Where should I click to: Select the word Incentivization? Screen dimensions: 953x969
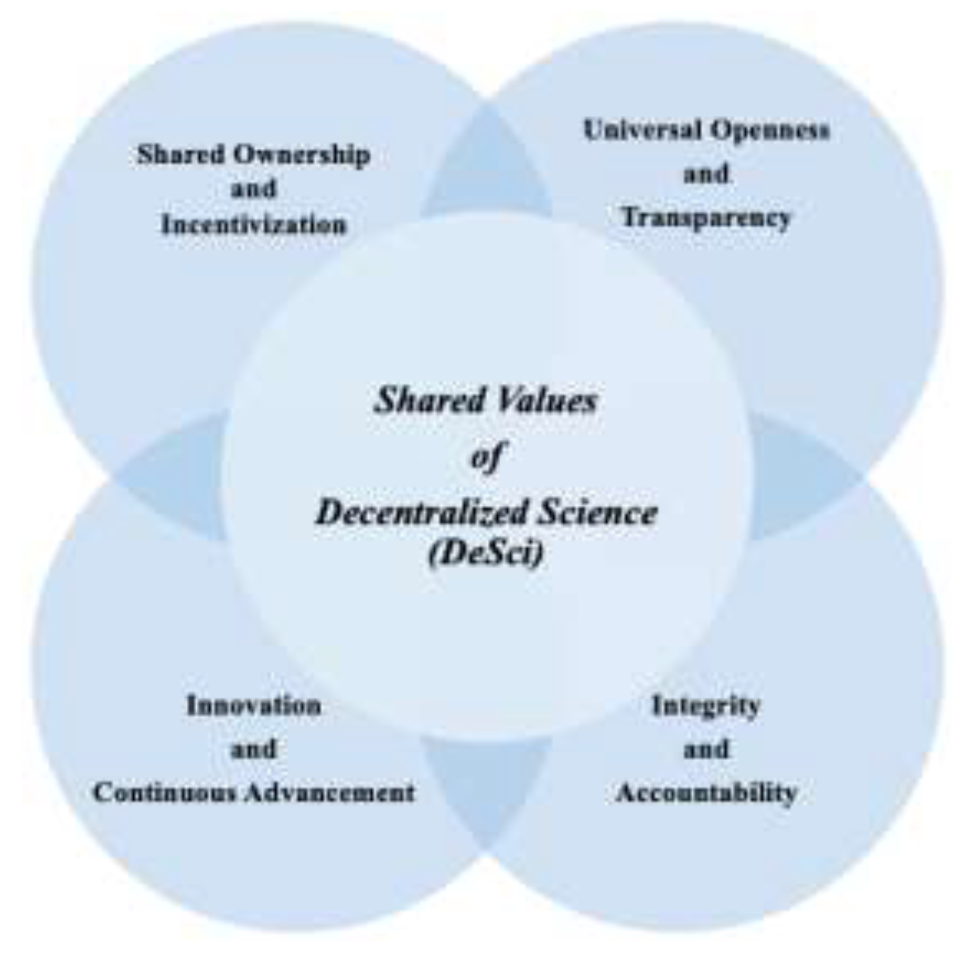pos(254,225)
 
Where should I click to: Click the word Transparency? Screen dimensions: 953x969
pos(706,217)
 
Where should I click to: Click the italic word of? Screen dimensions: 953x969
pos(486,456)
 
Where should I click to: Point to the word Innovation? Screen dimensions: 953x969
pos(254,706)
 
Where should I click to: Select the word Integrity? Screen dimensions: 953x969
pos(706,706)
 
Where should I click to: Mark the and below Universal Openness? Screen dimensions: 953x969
pos(706,174)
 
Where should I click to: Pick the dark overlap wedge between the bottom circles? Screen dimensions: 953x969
pos(486,782)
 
